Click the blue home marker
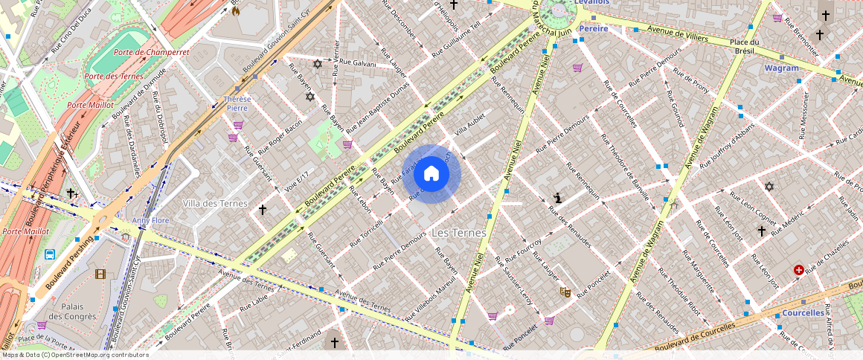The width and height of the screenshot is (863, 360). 431,174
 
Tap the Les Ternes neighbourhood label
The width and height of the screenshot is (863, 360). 458,233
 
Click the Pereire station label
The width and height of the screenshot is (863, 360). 594,28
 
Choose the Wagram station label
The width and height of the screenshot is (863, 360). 781,68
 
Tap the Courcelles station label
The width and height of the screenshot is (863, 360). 803,313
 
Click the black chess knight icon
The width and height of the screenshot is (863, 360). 558,198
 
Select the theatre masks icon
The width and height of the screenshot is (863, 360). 565,292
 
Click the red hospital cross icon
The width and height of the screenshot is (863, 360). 799,270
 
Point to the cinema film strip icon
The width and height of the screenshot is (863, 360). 100,274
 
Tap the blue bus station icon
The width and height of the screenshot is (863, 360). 50,254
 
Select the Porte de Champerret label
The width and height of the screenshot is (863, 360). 151,53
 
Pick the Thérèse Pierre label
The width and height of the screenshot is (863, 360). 237,103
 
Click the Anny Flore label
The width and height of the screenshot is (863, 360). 151,220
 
